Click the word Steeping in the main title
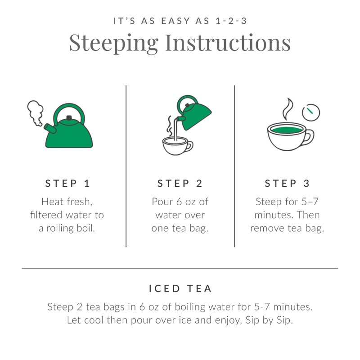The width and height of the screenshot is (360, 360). [x=113, y=43]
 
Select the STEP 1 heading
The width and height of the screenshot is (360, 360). [x=67, y=184]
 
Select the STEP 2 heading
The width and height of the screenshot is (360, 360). [x=180, y=184]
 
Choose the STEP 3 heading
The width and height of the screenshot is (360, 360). [x=287, y=184]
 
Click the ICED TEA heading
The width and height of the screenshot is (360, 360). [x=180, y=288]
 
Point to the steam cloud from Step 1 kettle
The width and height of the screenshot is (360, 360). [x=35, y=112]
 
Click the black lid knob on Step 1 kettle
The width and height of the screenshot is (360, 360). [x=69, y=118]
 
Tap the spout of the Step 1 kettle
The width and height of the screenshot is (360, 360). [x=50, y=128]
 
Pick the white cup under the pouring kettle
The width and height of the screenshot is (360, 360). [x=175, y=147]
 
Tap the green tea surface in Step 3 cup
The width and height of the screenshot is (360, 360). [x=286, y=130]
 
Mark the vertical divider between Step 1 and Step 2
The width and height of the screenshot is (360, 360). [x=126, y=166]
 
